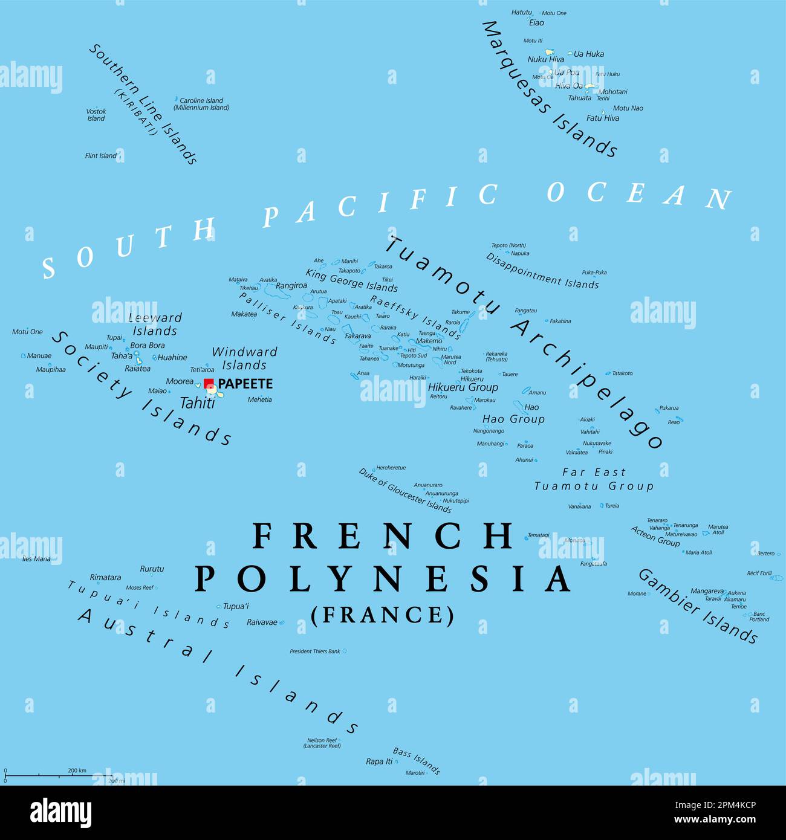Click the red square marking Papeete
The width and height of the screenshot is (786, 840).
[209, 384]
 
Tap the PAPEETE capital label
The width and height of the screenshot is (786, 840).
[245, 384]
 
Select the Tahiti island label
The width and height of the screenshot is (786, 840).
[197, 403]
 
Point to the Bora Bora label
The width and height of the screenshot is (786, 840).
[148, 346]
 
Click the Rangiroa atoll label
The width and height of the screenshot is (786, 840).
[291, 286]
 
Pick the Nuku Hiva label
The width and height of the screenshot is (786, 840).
[545, 59]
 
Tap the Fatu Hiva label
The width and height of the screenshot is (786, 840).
[602, 118]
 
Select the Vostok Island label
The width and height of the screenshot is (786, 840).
[96, 115]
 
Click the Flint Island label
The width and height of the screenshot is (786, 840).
[100, 156]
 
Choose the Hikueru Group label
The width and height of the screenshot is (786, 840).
[463, 387]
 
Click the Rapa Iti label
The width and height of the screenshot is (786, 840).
[379, 761]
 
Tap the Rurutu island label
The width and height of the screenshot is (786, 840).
[152, 569]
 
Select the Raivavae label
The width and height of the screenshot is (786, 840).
[262, 622]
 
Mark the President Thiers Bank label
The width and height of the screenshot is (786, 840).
[314, 651]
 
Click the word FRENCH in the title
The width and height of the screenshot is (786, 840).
[382, 536]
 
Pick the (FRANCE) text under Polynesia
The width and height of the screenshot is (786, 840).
[382, 615]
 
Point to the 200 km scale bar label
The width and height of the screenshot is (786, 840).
[77, 771]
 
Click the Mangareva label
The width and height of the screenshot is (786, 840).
[707, 591]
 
